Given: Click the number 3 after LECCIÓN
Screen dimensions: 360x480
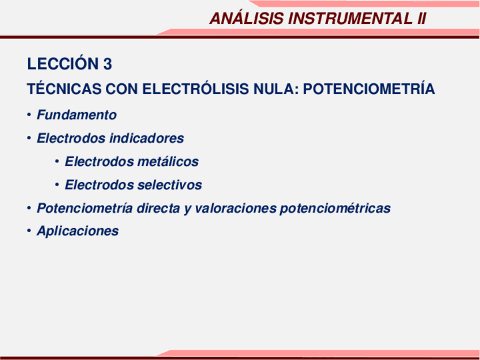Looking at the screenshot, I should [x=108, y=65].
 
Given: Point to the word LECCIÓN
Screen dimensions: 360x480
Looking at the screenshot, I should [x=63, y=65].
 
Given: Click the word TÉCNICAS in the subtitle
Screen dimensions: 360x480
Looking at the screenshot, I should [x=57, y=89].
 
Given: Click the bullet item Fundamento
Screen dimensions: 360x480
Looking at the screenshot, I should [x=76, y=115].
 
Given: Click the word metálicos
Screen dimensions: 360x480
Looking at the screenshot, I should [x=168, y=162].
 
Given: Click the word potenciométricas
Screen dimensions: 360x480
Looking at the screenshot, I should [x=335, y=208].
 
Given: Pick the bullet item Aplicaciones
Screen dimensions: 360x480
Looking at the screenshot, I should [x=78, y=231].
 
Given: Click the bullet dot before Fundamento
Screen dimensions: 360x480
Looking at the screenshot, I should [x=28, y=115].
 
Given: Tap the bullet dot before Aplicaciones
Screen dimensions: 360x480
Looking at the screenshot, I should [x=28, y=231].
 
